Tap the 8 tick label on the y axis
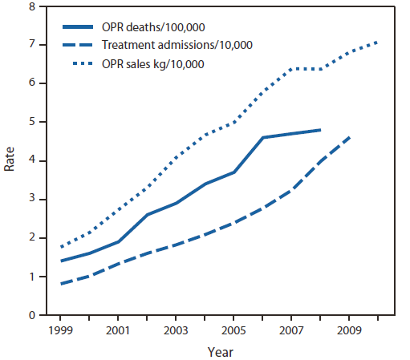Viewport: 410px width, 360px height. tap(32, 6)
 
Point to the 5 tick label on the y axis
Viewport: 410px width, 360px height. tap(32, 123)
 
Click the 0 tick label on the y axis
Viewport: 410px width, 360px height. tap(32, 316)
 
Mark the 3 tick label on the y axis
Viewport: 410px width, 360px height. tap(32, 200)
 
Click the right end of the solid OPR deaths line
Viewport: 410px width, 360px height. tap(321, 130)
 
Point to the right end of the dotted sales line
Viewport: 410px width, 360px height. tap(375, 42)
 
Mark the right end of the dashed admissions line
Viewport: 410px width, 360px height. tap(348, 137)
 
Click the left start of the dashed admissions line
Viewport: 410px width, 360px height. tap(61, 284)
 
